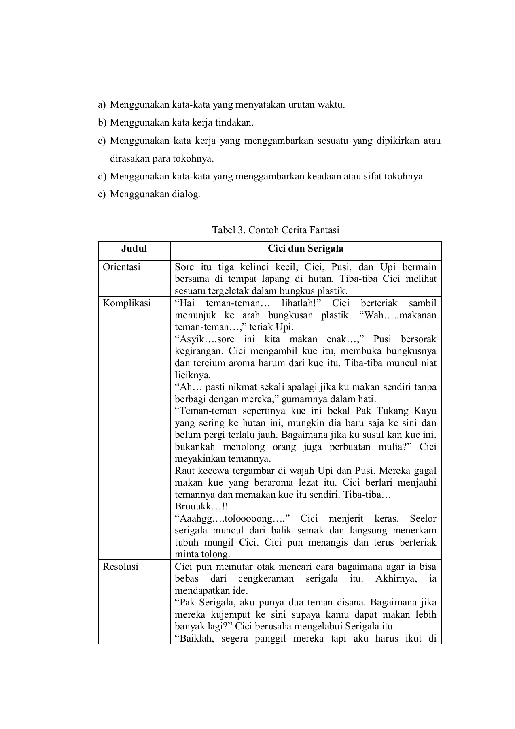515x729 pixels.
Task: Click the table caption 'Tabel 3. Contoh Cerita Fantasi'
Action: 276,230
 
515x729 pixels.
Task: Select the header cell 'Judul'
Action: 134,248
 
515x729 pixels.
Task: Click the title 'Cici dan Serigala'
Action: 305,248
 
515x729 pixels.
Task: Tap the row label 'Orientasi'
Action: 121,267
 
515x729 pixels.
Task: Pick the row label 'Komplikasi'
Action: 127,303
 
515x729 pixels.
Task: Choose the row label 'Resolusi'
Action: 121,566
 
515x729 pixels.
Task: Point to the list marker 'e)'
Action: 102,194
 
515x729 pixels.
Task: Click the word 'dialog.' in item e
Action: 187,194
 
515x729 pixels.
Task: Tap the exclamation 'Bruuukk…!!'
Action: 201,506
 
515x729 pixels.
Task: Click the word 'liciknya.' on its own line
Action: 193,375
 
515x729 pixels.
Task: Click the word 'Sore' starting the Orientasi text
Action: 184,267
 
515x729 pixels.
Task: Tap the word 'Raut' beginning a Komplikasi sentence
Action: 184,471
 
